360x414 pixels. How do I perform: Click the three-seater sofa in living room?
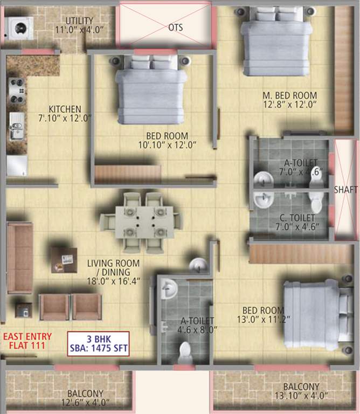[19, 258]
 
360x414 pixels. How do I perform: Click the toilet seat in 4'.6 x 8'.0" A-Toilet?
[185, 353]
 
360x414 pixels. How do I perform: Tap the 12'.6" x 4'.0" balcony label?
[85, 398]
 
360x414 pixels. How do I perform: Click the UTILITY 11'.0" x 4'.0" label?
[79, 24]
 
